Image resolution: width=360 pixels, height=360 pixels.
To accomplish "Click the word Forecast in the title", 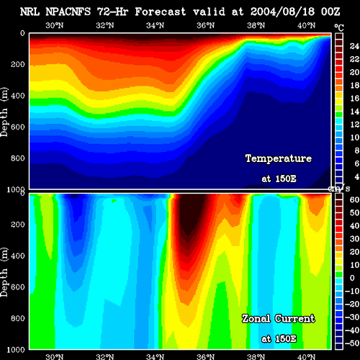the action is coord(161,12).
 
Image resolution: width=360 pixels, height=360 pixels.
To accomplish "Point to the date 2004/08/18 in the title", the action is coord(282,12).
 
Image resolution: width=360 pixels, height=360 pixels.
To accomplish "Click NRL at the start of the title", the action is coord(30,12).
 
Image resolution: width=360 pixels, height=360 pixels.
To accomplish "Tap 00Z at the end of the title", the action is coord(330,12).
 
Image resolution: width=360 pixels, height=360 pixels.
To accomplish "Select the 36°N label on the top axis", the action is coord(206,25).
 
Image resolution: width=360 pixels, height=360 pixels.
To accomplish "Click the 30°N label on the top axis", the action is coord(55,25).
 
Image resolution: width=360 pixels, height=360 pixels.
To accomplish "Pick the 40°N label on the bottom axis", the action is coord(307,356).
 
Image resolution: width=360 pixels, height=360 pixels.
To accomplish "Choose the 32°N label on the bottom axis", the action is coord(105,356).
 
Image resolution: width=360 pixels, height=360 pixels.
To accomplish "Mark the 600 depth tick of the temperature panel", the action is coord(18,127).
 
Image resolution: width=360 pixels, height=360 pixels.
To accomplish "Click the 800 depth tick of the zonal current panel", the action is coord(18,318).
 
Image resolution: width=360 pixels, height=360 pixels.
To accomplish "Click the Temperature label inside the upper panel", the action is coord(279,158).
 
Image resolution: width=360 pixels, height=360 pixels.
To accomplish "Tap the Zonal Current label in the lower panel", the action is coord(279,319).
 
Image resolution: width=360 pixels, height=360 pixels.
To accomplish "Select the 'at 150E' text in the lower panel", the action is coord(279,339).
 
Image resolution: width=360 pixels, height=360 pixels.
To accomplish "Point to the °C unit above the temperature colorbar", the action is coord(339,28).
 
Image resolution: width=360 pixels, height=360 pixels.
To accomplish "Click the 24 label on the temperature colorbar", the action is coord(354,46).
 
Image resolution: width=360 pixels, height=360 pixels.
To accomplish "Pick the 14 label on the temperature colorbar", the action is coord(354,112).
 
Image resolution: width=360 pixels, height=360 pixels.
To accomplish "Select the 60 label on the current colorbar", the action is coord(354,199).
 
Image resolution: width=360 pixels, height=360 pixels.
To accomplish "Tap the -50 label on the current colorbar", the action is coord(352,343).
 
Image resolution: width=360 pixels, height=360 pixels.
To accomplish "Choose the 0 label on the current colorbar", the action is coord(352,278).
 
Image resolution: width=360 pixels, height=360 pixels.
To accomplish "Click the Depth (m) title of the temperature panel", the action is coord(4,112).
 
